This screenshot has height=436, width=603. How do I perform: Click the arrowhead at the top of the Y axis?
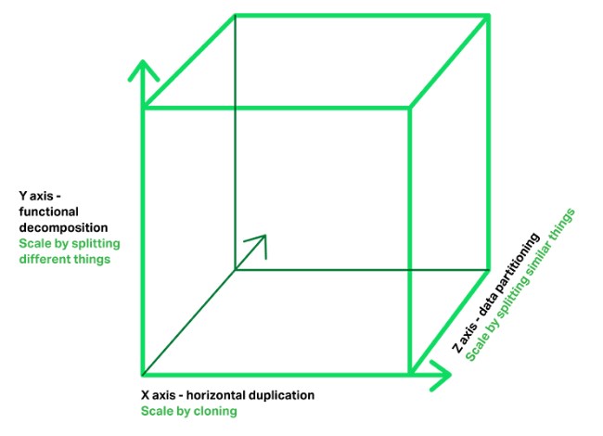(x=143, y=71)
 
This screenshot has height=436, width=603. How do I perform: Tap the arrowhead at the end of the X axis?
(x=441, y=375)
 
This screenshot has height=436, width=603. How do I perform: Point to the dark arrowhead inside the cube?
(x=258, y=244)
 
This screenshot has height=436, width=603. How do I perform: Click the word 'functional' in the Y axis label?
(x=48, y=212)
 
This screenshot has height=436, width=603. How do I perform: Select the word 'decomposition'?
(x=63, y=227)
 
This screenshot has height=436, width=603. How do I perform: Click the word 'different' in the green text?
(x=45, y=259)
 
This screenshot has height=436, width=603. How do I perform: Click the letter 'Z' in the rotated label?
(x=457, y=348)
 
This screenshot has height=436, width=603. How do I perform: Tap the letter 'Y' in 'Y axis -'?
(x=23, y=196)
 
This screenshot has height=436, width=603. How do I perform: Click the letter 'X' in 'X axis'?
(x=145, y=395)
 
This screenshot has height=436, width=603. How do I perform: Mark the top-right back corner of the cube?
(x=489, y=16)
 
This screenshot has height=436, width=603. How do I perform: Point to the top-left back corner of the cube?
(x=235, y=16)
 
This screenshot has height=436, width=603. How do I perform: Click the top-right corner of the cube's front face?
(x=410, y=108)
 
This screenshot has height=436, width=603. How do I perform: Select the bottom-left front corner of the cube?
(x=143, y=374)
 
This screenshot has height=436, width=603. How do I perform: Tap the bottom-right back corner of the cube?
(x=489, y=270)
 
